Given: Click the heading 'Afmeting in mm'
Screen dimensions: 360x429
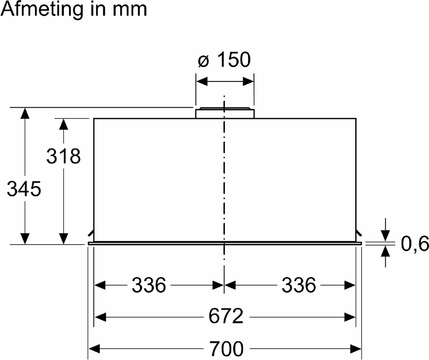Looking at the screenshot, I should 74,10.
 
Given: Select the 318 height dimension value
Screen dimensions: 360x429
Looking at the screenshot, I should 63,156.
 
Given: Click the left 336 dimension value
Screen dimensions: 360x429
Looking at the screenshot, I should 149,285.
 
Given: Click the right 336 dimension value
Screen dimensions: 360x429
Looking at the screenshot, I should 298,285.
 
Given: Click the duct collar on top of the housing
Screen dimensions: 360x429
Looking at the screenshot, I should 224,113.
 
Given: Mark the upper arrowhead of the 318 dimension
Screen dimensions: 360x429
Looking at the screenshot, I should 63,124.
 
